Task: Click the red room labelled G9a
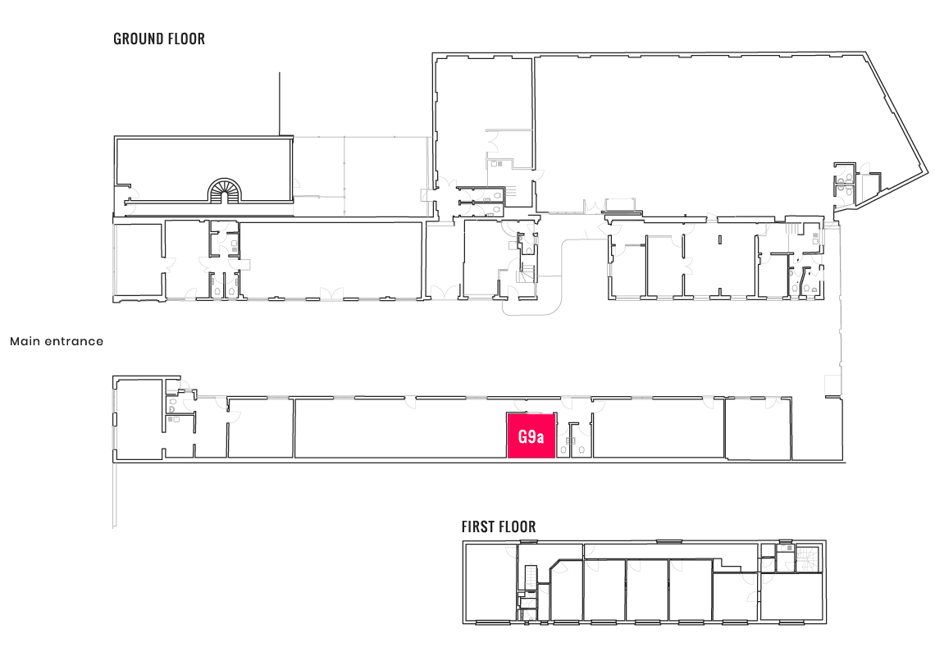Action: tap(531, 435)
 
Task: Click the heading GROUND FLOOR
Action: tap(159, 39)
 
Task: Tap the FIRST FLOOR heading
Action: tap(499, 527)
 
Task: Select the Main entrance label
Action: tap(57, 341)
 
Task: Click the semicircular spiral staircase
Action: tap(225, 190)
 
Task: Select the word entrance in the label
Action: tap(74, 341)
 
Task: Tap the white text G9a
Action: tap(531, 437)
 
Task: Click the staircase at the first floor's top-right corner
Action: tap(810, 559)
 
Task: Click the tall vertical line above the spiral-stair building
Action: tap(279, 104)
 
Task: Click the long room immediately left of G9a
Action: tap(400, 429)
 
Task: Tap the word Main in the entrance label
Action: tap(25, 341)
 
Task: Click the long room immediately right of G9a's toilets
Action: tap(659, 429)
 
